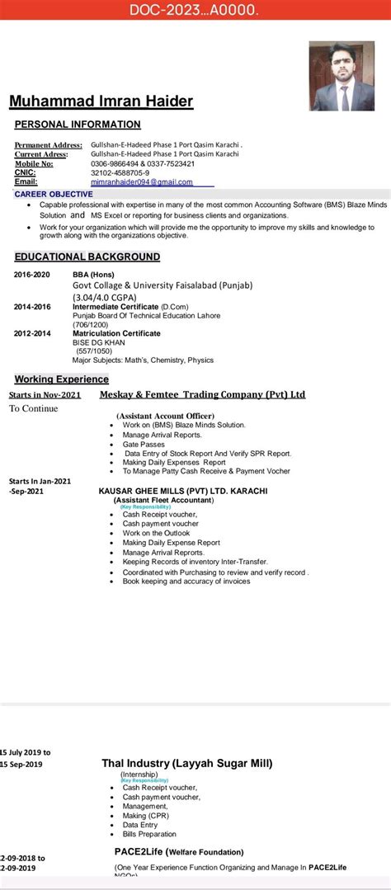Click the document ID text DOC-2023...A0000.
(x=195, y=11)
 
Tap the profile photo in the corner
(x=342, y=76)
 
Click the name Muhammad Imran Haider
(x=101, y=101)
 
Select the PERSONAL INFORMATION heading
(x=78, y=125)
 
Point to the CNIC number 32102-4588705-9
(x=120, y=173)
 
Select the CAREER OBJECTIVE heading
(x=54, y=194)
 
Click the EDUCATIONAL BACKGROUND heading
(x=87, y=257)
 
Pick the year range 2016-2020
(x=32, y=274)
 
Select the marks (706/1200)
(x=92, y=324)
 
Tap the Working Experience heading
(x=62, y=379)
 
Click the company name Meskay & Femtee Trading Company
(x=202, y=394)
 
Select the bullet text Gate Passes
(x=144, y=444)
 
